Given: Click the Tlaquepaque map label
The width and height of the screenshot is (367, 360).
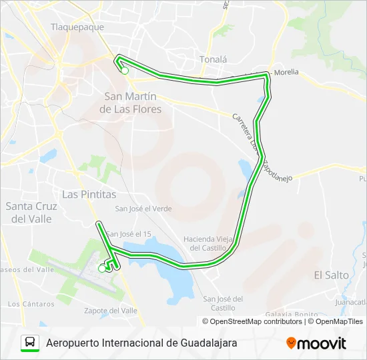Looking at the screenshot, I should coord(77,27).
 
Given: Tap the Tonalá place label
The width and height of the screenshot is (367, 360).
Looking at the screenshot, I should coord(213,59).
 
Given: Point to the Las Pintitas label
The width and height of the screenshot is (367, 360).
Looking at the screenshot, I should coord(89,194).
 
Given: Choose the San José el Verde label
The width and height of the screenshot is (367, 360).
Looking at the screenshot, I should coord(143,209).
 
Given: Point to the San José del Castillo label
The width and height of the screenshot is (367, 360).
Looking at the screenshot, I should coord(223,303).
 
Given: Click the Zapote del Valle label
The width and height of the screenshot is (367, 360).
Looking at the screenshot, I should coord(111,311).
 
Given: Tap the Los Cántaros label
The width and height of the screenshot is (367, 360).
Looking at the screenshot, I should coord(31,304).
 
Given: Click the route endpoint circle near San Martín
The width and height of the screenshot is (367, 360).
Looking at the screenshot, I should coord(125,70).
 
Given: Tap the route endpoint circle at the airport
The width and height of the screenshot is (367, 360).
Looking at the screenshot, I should coord(102,269).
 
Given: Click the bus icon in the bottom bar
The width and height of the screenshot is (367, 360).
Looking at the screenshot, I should coord(30,343).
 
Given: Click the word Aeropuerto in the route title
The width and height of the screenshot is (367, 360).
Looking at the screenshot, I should coord(75,343).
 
